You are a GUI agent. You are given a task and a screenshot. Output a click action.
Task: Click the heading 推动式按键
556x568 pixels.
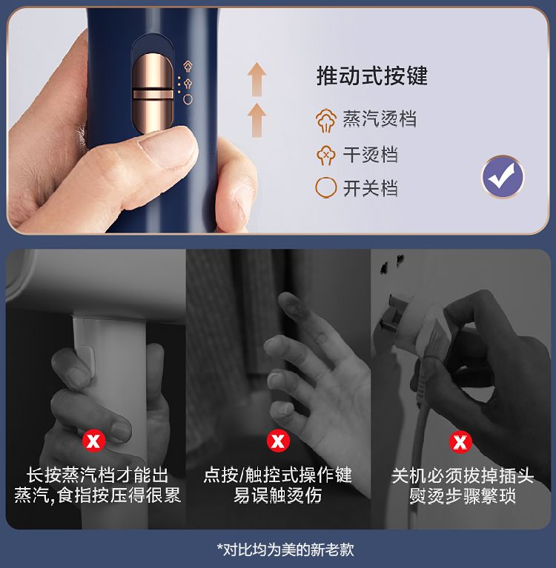click(371, 76)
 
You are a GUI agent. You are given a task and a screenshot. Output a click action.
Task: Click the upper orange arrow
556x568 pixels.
click(257, 79)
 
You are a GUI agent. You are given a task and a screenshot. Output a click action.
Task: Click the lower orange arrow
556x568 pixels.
click(257, 120)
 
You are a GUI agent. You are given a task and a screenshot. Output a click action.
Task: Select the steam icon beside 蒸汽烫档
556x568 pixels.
click(325, 120)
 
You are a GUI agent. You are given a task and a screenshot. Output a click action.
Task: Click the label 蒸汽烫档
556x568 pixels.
click(380, 118)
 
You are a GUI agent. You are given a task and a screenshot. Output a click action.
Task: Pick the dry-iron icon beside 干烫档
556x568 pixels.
click(325, 155)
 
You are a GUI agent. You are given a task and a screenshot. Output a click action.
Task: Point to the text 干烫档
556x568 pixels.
click(370, 155)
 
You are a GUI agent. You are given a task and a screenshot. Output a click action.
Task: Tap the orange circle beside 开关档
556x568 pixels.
click(325, 187)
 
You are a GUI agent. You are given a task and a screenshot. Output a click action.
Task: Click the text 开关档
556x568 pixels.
click(370, 188)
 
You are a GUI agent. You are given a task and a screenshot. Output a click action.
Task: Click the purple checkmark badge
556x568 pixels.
click(503, 177)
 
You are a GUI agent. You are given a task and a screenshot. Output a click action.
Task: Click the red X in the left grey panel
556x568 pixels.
click(93, 441)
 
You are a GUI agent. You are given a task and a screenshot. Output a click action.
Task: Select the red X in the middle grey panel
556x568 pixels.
click(278, 441)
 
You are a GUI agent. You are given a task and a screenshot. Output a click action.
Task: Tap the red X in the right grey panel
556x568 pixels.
click(460, 442)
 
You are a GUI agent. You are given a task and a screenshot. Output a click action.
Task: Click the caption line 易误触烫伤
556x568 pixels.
click(277, 495)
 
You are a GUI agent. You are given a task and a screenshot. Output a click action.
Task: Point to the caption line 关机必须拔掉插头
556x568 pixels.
click(463, 475)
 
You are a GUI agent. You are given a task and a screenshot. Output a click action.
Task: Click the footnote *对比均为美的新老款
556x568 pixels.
click(285, 549)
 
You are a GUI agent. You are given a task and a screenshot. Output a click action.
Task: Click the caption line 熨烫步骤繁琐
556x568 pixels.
click(463, 496)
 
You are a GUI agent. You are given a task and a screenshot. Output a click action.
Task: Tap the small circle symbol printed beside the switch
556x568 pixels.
click(188, 99)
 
